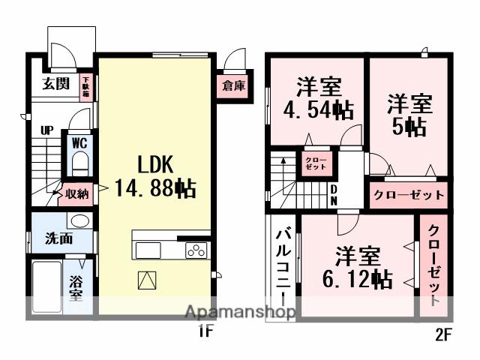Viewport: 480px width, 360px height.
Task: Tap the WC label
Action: tap(79, 142)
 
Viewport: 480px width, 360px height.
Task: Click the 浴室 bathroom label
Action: tap(76, 287)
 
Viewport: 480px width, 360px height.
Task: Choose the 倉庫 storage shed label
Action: tap(233, 86)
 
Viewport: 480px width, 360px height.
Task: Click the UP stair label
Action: tap(46, 130)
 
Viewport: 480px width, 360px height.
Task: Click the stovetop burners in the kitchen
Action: tap(196, 250)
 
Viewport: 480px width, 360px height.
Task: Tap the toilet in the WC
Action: tap(80, 163)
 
